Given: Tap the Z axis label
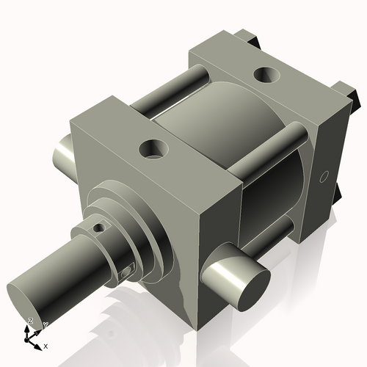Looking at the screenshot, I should click(x=30, y=321).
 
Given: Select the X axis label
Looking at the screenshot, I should click(x=46, y=345).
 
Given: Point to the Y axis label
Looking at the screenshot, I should click(x=45, y=324).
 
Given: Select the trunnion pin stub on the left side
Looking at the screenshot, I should click(x=62, y=150).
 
